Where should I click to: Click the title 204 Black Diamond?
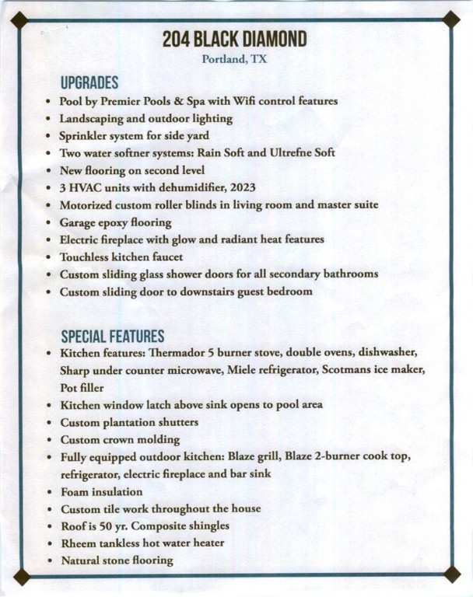pos(235,40)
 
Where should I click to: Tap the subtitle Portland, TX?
pos(234,60)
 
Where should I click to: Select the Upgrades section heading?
pos(89,82)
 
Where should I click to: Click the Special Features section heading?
pos(112,336)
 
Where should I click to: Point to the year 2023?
pos(240,187)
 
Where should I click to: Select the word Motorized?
pos(88,204)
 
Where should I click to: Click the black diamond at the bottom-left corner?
pos(23,577)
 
